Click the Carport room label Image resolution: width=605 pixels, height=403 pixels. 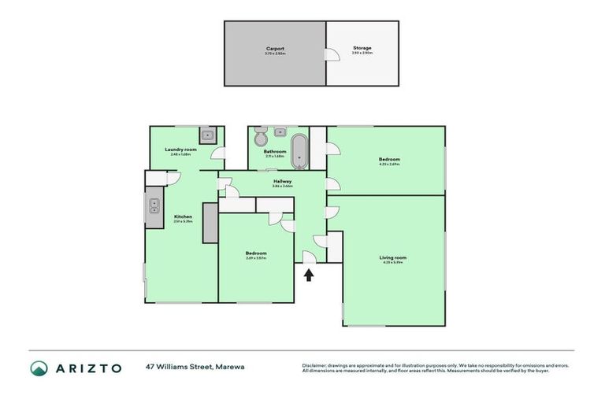[x=275, y=48]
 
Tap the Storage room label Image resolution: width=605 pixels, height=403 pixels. [x=362, y=48]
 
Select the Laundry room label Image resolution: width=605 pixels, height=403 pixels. [x=180, y=150]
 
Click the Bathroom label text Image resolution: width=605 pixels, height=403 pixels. [x=275, y=151]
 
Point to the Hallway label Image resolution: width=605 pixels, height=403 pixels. [x=283, y=181]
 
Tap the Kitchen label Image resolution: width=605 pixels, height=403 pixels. [x=183, y=216]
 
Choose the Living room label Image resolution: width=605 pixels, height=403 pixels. [x=393, y=257]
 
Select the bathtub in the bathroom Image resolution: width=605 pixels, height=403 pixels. [x=300, y=151]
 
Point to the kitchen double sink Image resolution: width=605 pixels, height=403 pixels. [x=154, y=207]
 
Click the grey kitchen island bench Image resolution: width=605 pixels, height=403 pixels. [x=210, y=223]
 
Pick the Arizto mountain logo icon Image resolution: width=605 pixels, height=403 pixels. [x=39, y=368]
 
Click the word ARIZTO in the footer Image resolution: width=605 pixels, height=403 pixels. [x=89, y=368]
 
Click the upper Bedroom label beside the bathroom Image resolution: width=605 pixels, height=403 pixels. [x=389, y=159]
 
